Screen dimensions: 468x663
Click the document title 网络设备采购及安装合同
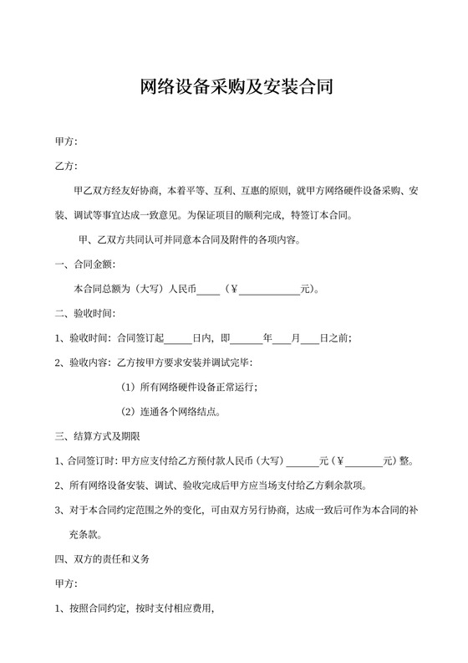234,87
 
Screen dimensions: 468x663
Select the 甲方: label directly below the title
66,141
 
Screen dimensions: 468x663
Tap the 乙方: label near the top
66,166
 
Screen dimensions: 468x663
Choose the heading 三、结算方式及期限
96,436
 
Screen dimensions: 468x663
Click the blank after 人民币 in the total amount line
208,290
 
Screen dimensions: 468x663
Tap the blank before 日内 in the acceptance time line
179,339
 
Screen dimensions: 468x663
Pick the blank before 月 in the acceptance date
281,339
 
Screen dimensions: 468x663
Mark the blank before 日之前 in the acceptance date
309,339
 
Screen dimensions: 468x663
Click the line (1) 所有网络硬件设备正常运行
190,387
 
